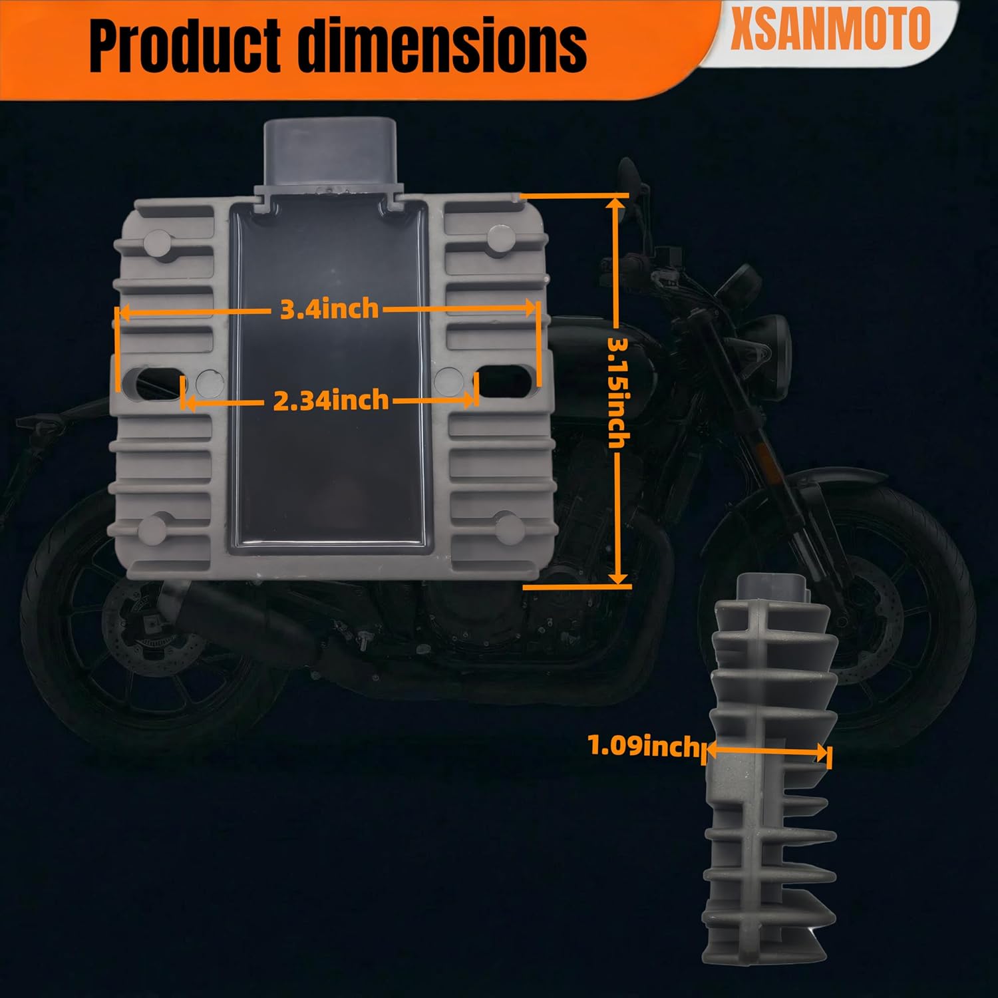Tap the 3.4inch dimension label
pos(329,309)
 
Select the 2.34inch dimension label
pos(331,400)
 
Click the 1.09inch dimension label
pos(643,746)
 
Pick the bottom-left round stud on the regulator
pos(154,528)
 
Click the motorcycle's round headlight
pos(772,346)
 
